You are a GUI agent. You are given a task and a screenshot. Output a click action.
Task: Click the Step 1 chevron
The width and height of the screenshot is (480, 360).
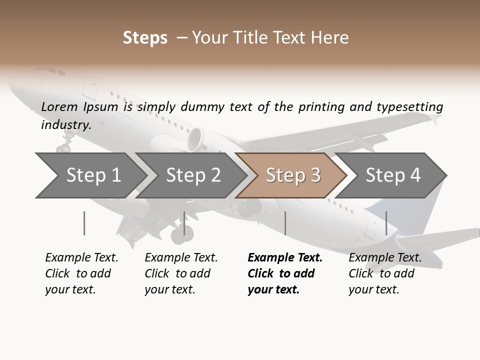[90, 175]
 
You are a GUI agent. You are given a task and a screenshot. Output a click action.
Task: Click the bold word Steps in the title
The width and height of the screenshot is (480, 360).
[145, 38]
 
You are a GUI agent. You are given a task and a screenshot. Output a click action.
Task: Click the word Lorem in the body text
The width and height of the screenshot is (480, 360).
[59, 106]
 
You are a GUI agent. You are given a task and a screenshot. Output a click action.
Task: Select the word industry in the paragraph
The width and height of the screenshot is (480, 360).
[65, 124]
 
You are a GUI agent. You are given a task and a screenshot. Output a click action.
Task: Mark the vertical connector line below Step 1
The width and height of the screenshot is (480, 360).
[84, 223]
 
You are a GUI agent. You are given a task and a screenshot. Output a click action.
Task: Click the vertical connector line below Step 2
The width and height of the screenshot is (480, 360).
[184, 223]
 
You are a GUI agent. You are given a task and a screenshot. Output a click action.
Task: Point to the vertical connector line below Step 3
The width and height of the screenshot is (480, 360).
[285, 223]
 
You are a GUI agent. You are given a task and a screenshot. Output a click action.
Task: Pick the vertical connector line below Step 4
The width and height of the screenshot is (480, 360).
[386, 223]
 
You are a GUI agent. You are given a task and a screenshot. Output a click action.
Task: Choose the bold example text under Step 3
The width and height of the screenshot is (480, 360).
[284, 273]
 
